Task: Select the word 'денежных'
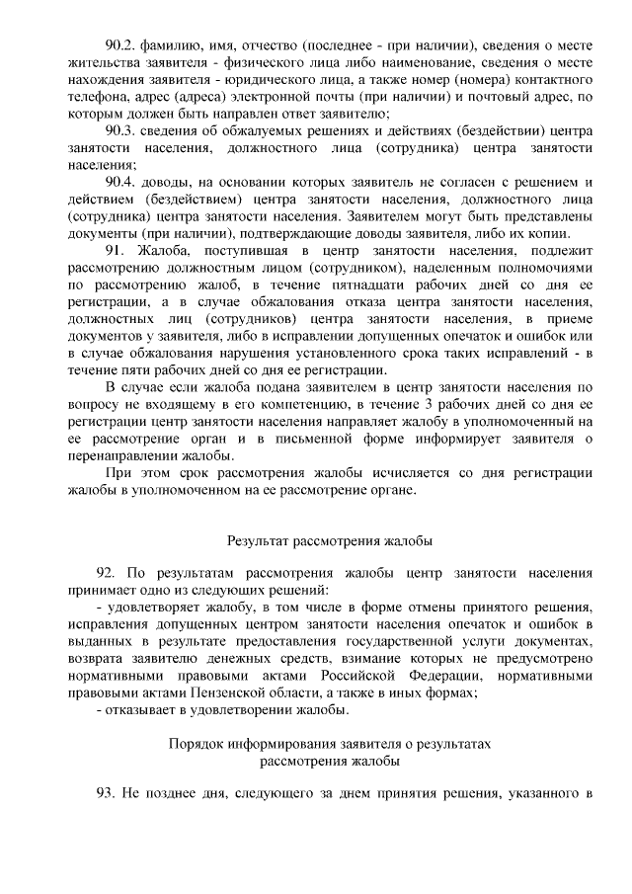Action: click(201, 659)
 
